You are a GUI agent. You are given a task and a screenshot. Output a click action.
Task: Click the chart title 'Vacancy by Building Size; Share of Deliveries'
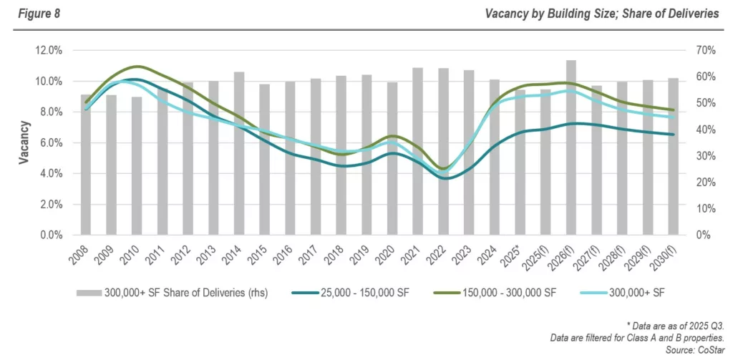[601, 14]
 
